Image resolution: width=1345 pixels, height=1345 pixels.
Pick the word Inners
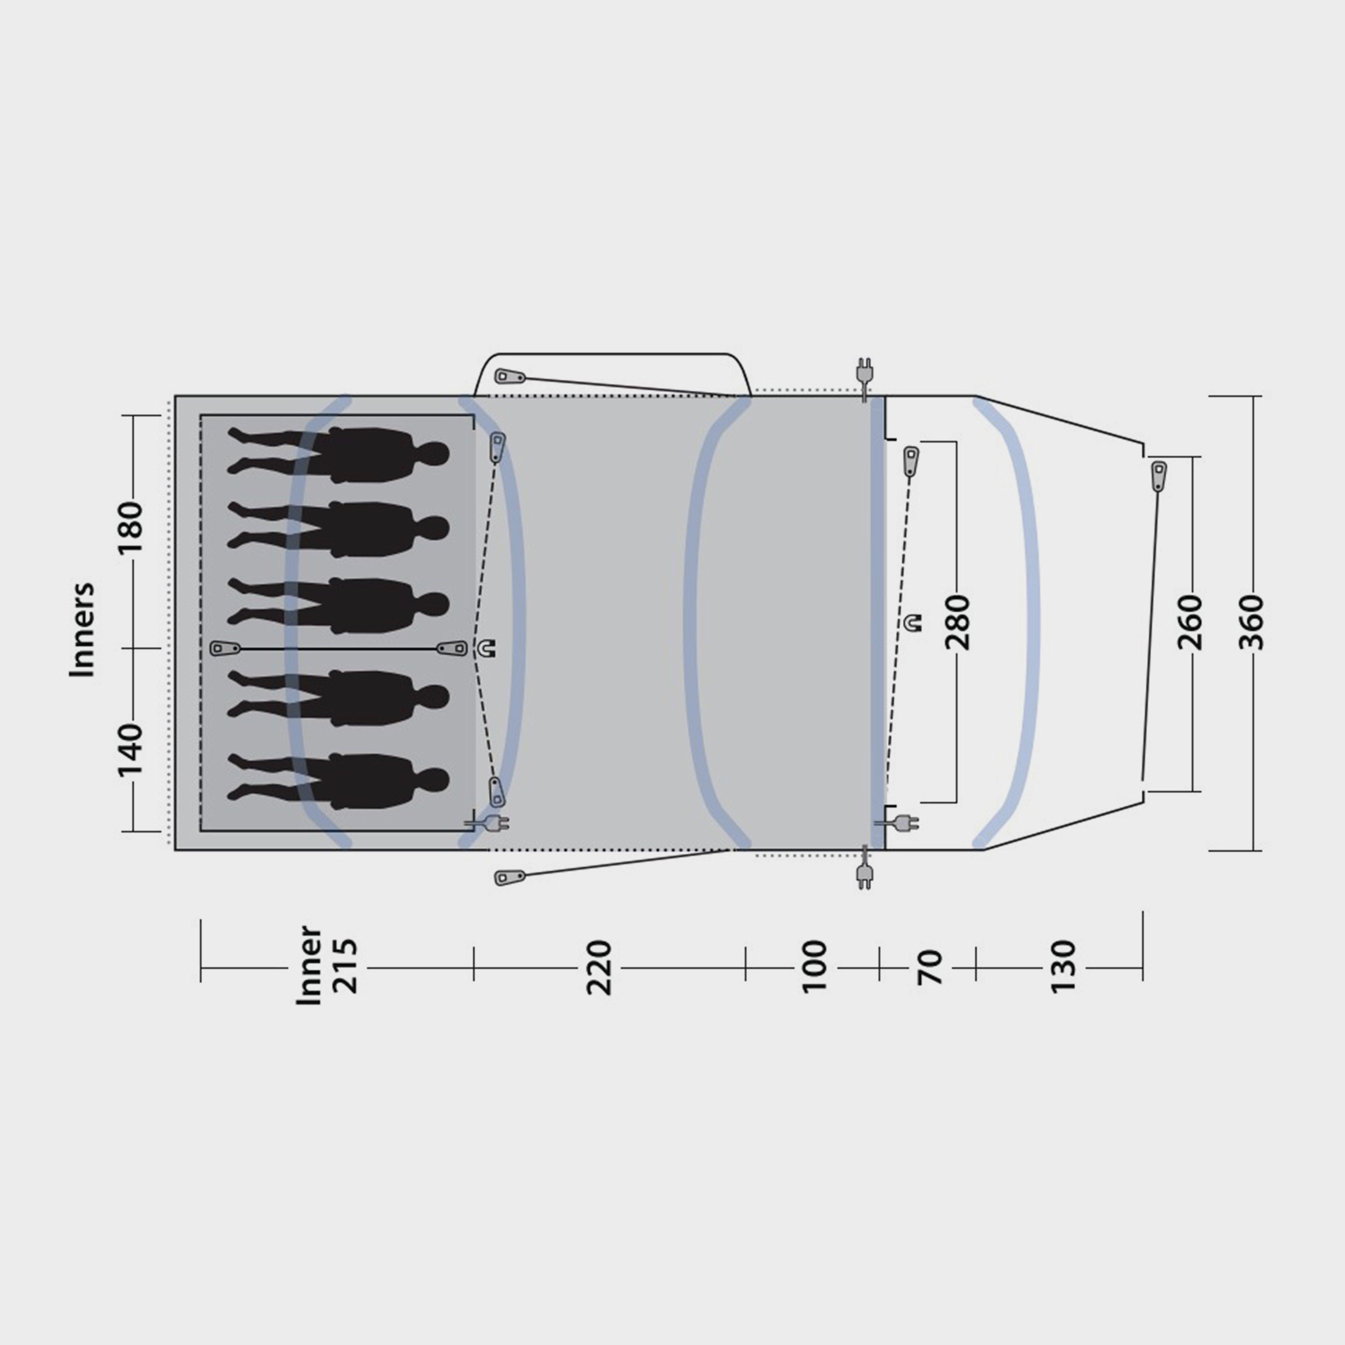pyautogui.click(x=81, y=629)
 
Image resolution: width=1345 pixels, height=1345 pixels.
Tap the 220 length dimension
pyautogui.click(x=599, y=968)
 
